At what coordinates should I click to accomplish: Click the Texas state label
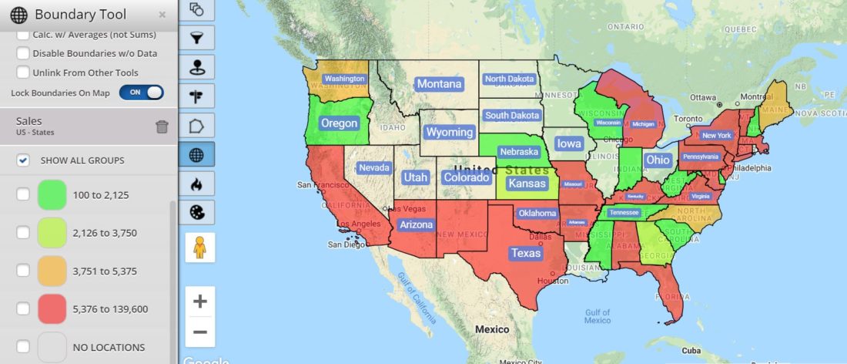click(527, 253)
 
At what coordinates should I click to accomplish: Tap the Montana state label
click(439, 84)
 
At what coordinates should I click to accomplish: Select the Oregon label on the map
click(339, 123)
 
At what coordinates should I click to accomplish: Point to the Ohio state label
click(658, 160)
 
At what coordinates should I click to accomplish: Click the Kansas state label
click(527, 184)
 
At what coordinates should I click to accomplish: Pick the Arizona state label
click(417, 225)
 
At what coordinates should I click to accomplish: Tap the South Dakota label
click(512, 116)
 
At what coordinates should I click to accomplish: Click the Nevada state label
click(374, 167)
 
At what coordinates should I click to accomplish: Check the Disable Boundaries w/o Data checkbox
click(23, 53)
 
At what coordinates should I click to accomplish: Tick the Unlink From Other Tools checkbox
click(23, 72)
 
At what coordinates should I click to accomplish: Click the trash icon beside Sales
click(162, 126)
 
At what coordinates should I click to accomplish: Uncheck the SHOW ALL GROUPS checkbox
click(23, 160)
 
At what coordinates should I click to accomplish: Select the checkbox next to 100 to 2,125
click(23, 195)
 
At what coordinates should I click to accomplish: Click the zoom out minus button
click(200, 332)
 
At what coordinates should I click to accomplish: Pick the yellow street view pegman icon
click(200, 248)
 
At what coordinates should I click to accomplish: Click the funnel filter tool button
click(197, 37)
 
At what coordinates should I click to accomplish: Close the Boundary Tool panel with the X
click(162, 15)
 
